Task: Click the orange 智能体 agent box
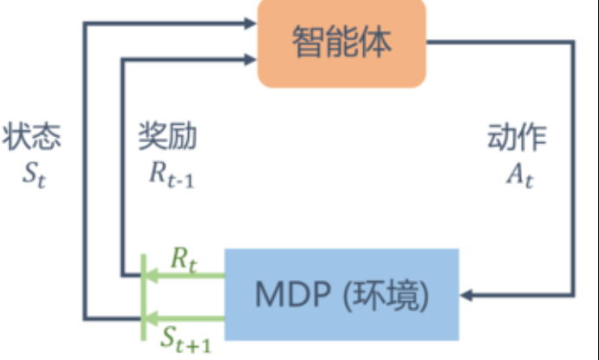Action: pyautogui.click(x=342, y=43)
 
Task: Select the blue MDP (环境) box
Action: pyautogui.click(x=342, y=295)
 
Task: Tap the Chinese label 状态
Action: pyautogui.click(x=32, y=136)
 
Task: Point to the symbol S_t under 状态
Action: pyautogui.click(x=34, y=175)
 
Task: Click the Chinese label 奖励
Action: pyautogui.click(x=167, y=136)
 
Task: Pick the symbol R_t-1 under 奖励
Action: pyautogui.click(x=172, y=175)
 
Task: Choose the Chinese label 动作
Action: pyautogui.click(x=517, y=137)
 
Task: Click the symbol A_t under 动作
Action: pyautogui.click(x=519, y=175)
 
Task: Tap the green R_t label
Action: pyautogui.click(x=184, y=259)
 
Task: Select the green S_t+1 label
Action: pyautogui.click(x=186, y=340)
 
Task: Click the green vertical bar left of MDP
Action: pyautogui.click(x=144, y=297)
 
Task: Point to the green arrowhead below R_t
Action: pyautogui.click(x=152, y=276)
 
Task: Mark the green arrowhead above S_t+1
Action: pyautogui.click(x=152, y=318)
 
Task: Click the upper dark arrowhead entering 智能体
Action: pyautogui.click(x=251, y=23)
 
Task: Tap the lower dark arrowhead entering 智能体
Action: pyautogui.click(x=251, y=60)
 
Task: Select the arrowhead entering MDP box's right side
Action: pyautogui.click(x=466, y=295)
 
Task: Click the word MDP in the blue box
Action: pyautogui.click(x=293, y=295)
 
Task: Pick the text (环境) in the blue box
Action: pyautogui.click(x=386, y=296)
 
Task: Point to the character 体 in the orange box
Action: pyautogui.click(x=376, y=42)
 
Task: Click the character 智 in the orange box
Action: pyautogui.click(x=309, y=42)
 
